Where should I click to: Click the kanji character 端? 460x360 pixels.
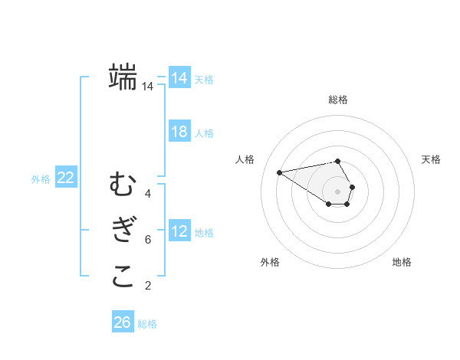pos(123,77)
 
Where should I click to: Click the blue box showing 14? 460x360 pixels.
pos(179,78)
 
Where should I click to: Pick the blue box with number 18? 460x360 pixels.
pos(179,132)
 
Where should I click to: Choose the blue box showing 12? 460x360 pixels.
pos(179,231)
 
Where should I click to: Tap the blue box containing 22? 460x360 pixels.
pos(66,178)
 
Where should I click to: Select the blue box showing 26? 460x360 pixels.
pos(122,322)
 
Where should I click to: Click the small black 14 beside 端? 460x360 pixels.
pos(147,87)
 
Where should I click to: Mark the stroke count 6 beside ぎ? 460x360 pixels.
pos(147,240)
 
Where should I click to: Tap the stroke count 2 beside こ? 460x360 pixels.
pos(147,286)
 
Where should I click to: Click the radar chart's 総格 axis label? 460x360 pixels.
pos(337,100)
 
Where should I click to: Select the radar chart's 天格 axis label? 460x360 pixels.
pos(431,159)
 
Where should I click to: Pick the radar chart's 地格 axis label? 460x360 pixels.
pos(402,262)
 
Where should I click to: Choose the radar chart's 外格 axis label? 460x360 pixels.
pos(270,262)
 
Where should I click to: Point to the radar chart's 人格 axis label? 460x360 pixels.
pos(245,159)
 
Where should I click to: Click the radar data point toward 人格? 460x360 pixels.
pos(279,172)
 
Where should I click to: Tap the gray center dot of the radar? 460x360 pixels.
pos(337,191)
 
